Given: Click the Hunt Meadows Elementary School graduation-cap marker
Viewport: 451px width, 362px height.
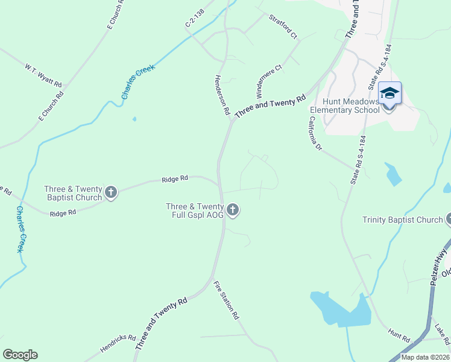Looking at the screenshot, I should point(389,94).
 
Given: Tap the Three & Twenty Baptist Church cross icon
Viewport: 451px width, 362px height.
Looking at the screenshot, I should point(111,193).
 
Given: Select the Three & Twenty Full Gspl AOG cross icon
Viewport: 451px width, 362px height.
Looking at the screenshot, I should point(233,210).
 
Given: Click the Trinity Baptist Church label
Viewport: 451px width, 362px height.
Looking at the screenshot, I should point(402,220).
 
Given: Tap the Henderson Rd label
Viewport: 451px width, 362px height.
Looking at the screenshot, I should point(222,95).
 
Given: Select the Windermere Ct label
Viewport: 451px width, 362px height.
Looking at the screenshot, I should point(269,81).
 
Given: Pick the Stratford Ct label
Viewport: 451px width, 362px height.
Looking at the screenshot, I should point(283,27).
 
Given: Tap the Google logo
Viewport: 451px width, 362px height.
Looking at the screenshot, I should point(20,355).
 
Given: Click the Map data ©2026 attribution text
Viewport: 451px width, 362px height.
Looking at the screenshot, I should point(426,357).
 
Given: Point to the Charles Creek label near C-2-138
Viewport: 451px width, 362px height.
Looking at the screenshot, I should point(138,81).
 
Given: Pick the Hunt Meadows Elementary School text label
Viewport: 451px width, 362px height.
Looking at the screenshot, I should point(345,106).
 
